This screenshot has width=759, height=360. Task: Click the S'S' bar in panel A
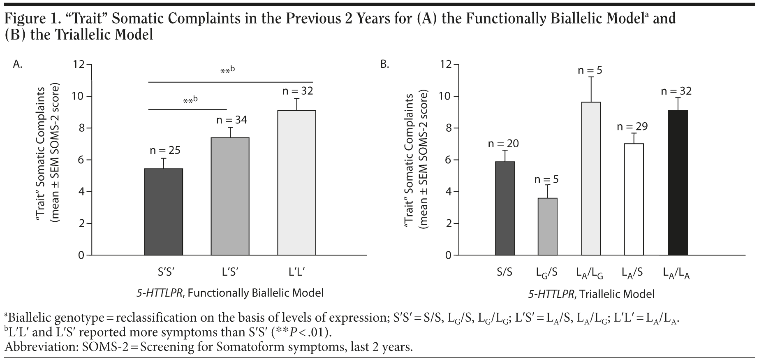point(164,212)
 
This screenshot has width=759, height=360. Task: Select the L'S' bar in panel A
point(230,196)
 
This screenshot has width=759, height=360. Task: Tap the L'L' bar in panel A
point(296,183)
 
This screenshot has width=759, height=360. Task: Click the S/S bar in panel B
point(505,208)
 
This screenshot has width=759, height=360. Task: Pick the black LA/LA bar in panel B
point(678,183)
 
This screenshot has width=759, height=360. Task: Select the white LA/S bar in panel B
point(634,199)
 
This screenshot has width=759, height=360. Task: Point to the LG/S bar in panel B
point(548,227)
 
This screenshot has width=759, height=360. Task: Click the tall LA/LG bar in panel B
point(591,179)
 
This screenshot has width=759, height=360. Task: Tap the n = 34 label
point(232,120)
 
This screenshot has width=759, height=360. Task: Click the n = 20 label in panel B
point(503,144)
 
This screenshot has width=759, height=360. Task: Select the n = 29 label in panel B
point(632,126)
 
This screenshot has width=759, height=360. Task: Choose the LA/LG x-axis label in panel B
point(589,273)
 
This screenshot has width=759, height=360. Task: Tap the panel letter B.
point(385,65)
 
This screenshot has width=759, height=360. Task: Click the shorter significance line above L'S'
point(187,109)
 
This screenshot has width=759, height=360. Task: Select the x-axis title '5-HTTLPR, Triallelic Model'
point(591,294)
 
